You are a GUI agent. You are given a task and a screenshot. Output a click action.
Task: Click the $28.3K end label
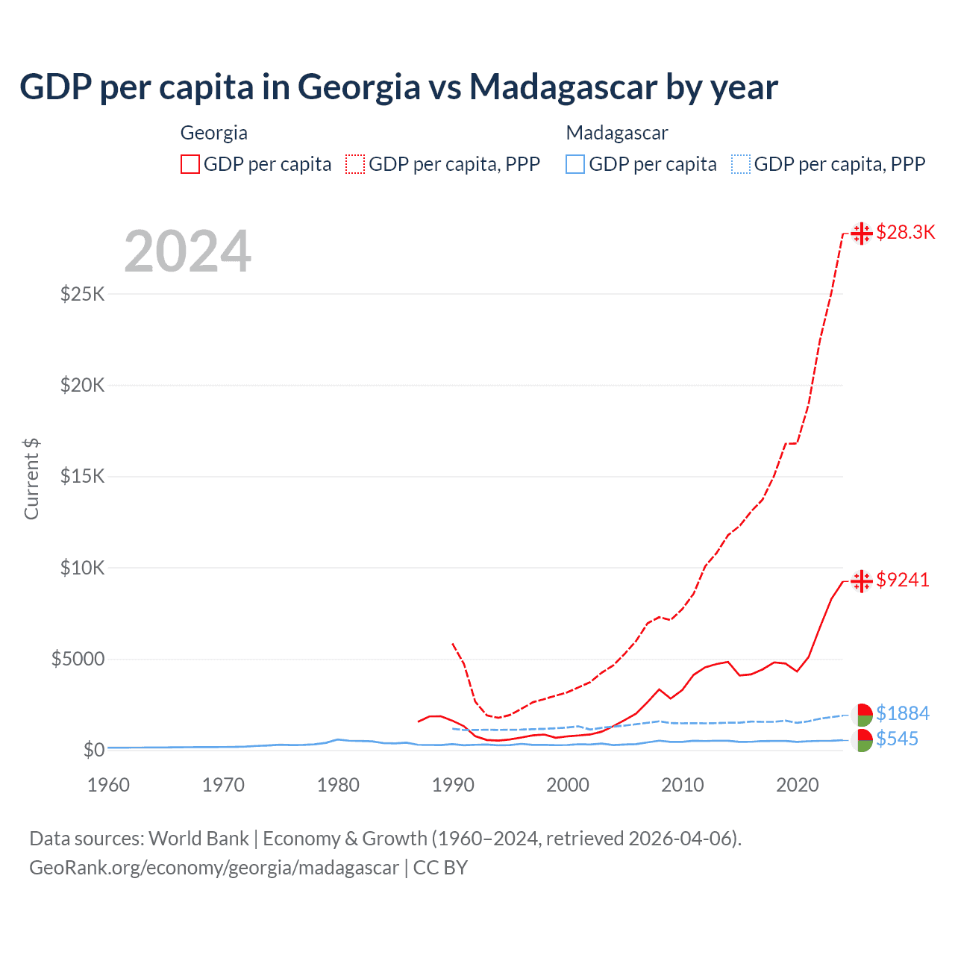point(905,232)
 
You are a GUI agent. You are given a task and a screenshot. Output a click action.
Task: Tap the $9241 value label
point(903,580)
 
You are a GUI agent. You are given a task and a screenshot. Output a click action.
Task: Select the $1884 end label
point(903,713)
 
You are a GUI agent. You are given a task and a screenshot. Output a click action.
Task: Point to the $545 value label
point(897,739)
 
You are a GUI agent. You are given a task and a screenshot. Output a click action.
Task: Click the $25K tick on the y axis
point(82,294)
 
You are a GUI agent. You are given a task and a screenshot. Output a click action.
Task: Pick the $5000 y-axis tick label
point(78,659)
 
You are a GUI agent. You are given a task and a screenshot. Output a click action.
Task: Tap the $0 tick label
point(93,750)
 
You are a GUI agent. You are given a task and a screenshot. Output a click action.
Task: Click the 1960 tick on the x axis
point(108,785)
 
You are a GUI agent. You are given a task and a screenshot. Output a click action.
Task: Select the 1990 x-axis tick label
point(453,785)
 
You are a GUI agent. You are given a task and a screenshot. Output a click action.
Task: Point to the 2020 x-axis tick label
point(798,785)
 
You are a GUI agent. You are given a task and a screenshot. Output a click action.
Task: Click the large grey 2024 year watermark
point(187,251)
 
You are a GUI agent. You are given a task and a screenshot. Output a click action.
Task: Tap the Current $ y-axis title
point(31,478)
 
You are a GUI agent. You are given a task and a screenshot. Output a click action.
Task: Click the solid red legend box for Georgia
point(190,164)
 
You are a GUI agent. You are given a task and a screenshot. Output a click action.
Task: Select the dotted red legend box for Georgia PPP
point(355,164)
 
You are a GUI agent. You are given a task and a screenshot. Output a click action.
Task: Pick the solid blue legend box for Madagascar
point(575,164)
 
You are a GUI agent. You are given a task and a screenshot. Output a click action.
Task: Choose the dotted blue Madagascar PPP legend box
point(741,164)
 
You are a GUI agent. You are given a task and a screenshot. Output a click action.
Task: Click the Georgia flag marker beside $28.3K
point(862,234)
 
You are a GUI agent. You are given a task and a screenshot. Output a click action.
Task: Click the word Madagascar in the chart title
point(563,87)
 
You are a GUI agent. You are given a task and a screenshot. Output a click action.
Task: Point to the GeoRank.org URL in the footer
point(214,868)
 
